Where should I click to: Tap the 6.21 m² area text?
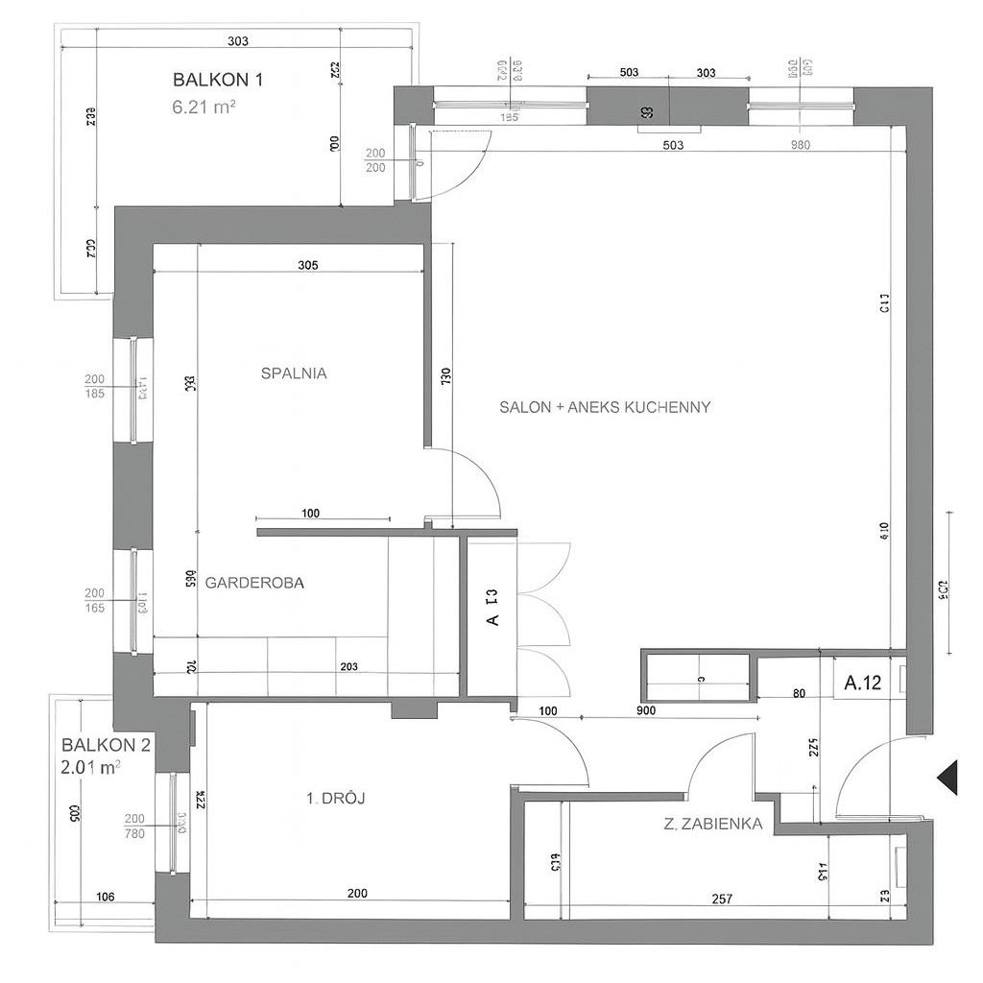204,108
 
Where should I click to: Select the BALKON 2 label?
106,744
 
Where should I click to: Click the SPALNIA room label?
294,373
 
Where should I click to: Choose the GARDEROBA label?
254,582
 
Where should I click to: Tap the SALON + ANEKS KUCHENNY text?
605,407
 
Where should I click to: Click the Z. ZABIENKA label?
712,823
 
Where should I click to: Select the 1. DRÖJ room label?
337,798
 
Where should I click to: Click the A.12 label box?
862,683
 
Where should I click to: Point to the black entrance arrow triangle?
948,777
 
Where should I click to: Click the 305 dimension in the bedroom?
307,264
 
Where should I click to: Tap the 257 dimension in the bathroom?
723,899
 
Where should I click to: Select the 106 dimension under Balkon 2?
106,897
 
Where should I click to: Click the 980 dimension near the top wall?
801,146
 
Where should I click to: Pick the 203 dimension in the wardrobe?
349,666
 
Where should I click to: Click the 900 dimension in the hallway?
645,710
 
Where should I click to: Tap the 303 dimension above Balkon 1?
239,40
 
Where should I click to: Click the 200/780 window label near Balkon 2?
134,826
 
